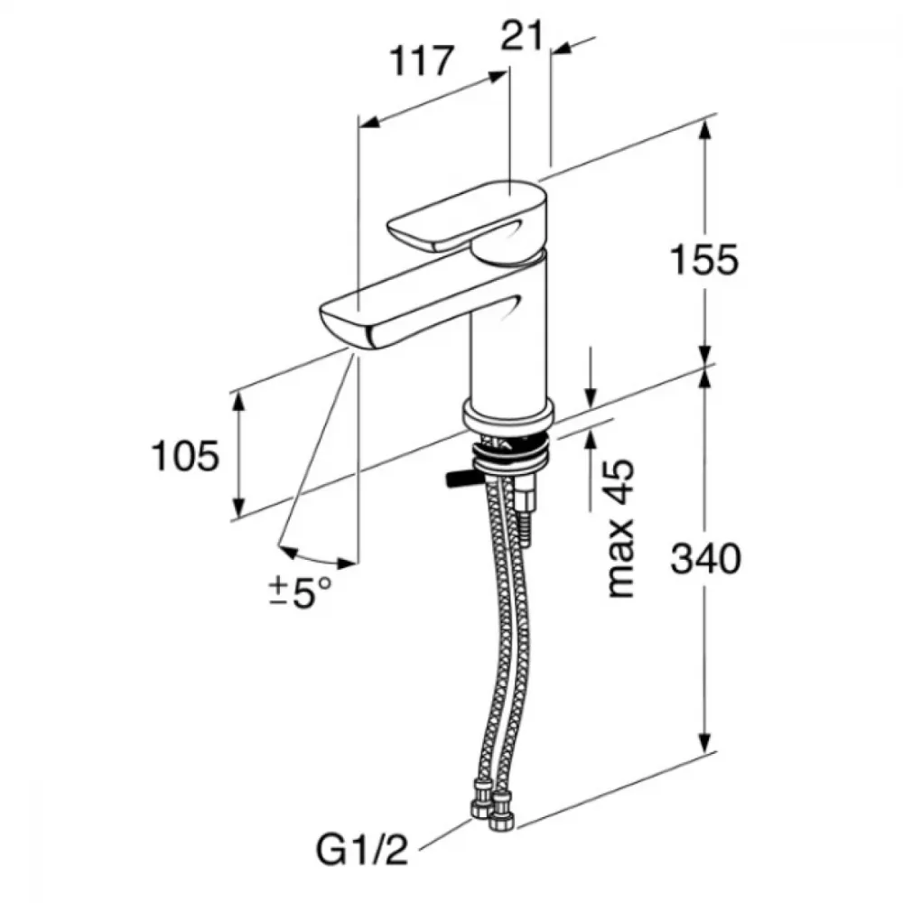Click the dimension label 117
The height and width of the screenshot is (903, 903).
[422, 61]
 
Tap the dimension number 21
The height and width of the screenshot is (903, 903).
[522, 36]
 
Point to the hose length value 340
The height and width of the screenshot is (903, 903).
[706, 558]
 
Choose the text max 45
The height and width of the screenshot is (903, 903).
[621, 528]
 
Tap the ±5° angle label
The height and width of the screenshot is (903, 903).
[301, 592]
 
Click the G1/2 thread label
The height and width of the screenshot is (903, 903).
[362, 850]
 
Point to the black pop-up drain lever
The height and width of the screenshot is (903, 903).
[460, 479]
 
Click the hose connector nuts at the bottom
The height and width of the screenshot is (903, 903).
[492, 806]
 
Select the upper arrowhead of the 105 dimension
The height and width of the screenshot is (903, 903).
[237, 404]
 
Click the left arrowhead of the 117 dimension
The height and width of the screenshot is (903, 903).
[369, 121]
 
